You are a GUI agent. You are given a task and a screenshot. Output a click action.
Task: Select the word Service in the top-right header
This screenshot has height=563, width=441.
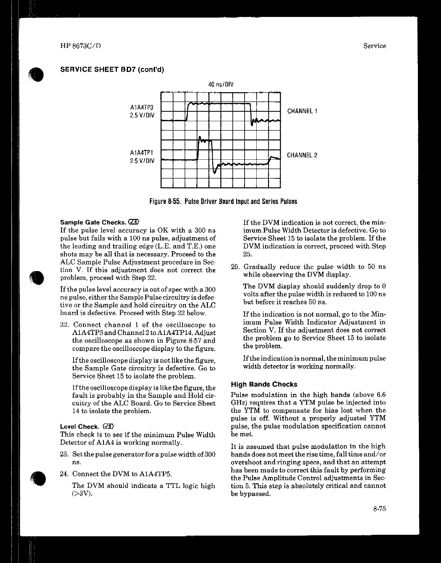tap(375, 46)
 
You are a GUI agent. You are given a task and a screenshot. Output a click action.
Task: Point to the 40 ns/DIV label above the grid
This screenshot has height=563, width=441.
tap(221, 85)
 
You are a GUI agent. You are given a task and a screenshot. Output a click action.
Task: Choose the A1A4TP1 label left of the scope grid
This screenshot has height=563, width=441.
tap(141, 153)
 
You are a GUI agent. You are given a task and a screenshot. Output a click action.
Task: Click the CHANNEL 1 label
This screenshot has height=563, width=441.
tap(302, 111)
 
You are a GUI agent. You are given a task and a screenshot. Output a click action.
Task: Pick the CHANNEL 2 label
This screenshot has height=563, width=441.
tap(302, 155)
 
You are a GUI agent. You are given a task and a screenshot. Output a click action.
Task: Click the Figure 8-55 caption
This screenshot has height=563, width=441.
tap(223, 201)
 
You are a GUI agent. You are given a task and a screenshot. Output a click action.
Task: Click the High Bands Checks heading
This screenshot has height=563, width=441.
tap(264, 384)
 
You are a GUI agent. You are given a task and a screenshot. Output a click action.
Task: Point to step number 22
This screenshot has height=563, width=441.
tap(65, 325)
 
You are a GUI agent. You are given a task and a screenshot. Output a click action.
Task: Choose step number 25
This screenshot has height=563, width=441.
tap(235, 267)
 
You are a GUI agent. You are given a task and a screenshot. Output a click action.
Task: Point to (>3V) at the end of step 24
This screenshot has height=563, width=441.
tap(82, 494)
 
